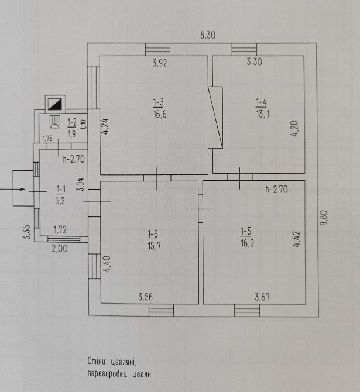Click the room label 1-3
(x=158, y=103)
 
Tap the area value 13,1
(x=262, y=114)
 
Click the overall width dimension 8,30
(x=208, y=36)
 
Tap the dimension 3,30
(x=254, y=61)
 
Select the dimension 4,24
(x=105, y=126)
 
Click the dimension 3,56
(x=146, y=297)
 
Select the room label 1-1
(x=61, y=188)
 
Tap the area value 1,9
(x=72, y=132)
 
